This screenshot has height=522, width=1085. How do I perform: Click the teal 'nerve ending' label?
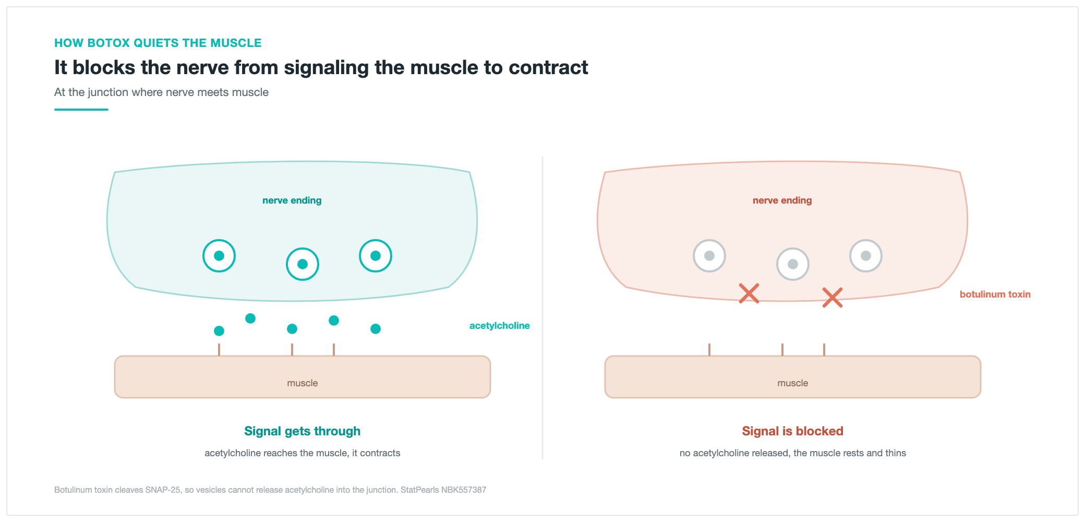point(292,200)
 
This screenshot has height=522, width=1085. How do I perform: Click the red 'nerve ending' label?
point(782,200)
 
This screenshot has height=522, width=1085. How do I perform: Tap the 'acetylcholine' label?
point(499,326)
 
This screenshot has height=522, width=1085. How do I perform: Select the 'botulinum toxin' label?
point(995,294)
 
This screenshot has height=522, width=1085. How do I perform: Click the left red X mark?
point(749,293)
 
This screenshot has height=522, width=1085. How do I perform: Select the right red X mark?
point(833,298)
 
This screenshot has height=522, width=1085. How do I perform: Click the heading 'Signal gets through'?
point(303,431)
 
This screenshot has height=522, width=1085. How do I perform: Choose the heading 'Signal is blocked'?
point(792,431)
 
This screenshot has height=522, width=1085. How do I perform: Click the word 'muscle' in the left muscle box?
point(303,383)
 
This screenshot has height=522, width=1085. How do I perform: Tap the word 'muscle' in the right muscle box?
point(793,383)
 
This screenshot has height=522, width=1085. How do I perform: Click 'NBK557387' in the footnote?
point(464,490)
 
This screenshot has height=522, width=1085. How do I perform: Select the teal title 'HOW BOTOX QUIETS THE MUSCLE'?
point(158,43)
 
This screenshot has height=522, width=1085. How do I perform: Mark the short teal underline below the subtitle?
point(81,110)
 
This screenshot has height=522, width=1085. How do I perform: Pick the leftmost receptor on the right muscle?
point(709,350)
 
